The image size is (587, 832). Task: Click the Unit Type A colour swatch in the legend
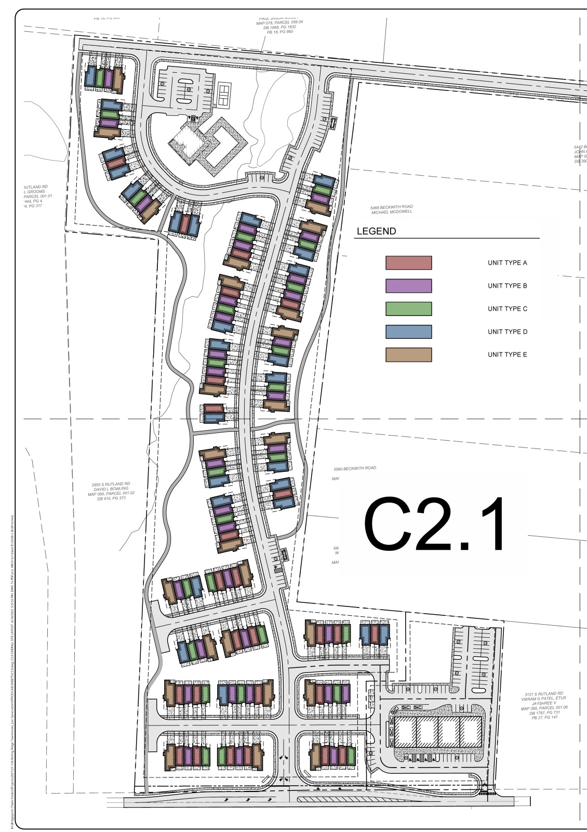(x=408, y=263)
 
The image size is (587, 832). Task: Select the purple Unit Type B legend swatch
(x=408, y=286)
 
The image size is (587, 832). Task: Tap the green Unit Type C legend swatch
(x=408, y=309)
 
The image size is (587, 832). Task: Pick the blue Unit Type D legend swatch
(x=408, y=332)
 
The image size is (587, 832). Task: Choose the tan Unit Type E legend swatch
(x=408, y=354)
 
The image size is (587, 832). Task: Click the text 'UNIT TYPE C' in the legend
(x=507, y=309)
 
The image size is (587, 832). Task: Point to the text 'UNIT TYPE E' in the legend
(x=507, y=354)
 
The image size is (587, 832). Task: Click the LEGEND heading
(x=376, y=231)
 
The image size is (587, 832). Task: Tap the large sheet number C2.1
(x=434, y=524)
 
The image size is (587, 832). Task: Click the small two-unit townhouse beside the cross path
(x=214, y=414)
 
